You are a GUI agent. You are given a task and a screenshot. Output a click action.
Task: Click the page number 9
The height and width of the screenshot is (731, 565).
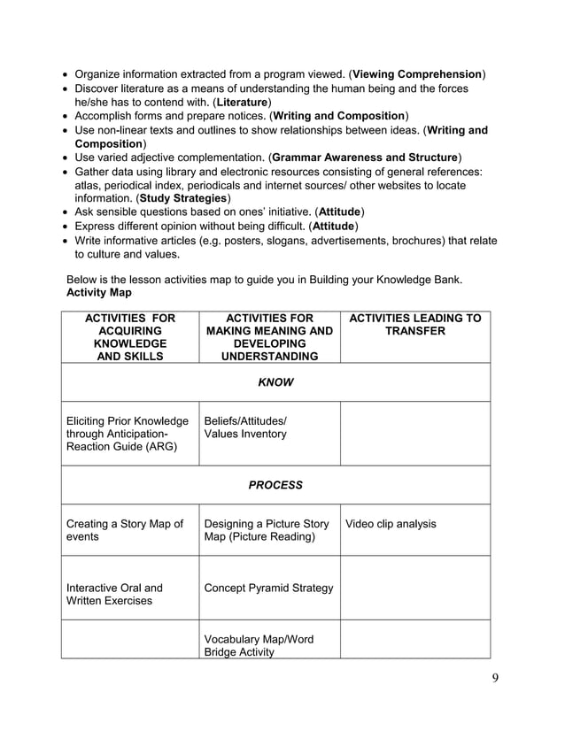pyautogui.click(x=495, y=679)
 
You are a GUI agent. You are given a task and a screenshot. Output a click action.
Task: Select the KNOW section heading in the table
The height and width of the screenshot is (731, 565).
pyautogui.click(x=275, y=382)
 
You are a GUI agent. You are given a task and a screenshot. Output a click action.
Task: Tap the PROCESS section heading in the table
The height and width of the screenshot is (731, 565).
pyautogui.click(x=275, y=485)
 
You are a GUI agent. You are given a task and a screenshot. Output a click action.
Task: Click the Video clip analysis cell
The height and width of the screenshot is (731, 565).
pyautogui.click(x=391, y=524)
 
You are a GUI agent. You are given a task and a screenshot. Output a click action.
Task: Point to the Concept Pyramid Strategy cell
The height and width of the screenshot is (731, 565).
pyautogui.click(x=268, y=588)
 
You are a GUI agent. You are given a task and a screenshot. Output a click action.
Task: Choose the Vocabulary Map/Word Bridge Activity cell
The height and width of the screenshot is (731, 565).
pyautogui.click(x=259, y=645)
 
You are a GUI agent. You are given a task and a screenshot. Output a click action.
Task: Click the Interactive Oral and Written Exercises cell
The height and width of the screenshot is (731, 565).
pyautogui.click(x=115, y=594)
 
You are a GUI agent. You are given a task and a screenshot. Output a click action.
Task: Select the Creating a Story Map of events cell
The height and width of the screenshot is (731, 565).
pyautogui.click(x=125, y=530)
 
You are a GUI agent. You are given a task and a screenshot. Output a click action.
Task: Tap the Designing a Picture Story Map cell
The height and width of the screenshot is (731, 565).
pyautogui.click(x=266, y=530)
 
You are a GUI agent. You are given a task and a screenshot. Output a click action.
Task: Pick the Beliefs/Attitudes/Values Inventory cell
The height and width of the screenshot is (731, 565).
pyautogui.click(x=245, y=427)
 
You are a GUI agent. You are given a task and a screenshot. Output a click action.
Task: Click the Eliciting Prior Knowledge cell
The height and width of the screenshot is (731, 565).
pyautogui.click(x=128, y=434)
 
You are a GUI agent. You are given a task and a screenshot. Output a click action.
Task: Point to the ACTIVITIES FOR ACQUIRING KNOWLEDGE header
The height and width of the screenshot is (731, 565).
pyautogui.click(x=129, y=337)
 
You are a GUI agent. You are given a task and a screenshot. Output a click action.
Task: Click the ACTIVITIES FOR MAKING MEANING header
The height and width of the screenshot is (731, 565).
pyautogui.click(x=268, y=337)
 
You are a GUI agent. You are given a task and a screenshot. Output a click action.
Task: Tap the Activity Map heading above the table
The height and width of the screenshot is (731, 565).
pyautogui.click(x=98, y=292)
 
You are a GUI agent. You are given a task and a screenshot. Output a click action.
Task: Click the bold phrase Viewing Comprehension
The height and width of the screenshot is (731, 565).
pyautogui.click(x=418, y=74)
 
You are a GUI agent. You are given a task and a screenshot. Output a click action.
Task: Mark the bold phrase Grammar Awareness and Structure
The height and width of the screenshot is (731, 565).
pyautogui.click(x=365, y=158)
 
